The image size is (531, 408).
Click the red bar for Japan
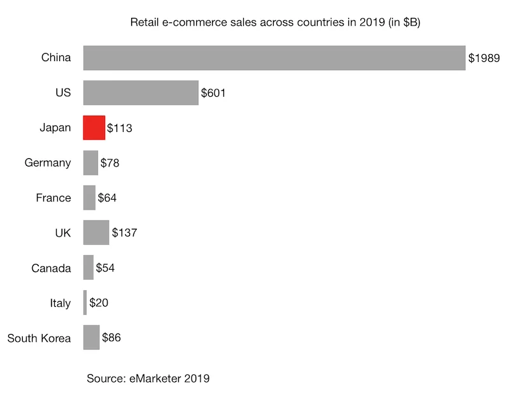[94, 127]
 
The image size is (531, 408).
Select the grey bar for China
[274, 57]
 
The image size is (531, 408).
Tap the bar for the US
[141, 92]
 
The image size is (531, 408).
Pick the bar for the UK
[96, 233]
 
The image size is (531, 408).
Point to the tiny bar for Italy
[85, 302]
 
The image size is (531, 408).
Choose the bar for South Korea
[91, 337]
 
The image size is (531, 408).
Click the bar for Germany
[90, 163]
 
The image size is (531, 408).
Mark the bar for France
[89, 198]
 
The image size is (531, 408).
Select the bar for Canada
[88, 268]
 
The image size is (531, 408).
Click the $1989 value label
[484, 58]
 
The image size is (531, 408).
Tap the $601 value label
[213, 93]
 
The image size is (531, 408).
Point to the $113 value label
[120, 128]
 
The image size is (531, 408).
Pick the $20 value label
[99, 303]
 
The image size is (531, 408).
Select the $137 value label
[125, 233]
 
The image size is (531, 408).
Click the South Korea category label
[39, 338]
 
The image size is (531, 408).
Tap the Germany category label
[48, 163]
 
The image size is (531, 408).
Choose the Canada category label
[51, 268]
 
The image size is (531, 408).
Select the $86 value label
[111, 338]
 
